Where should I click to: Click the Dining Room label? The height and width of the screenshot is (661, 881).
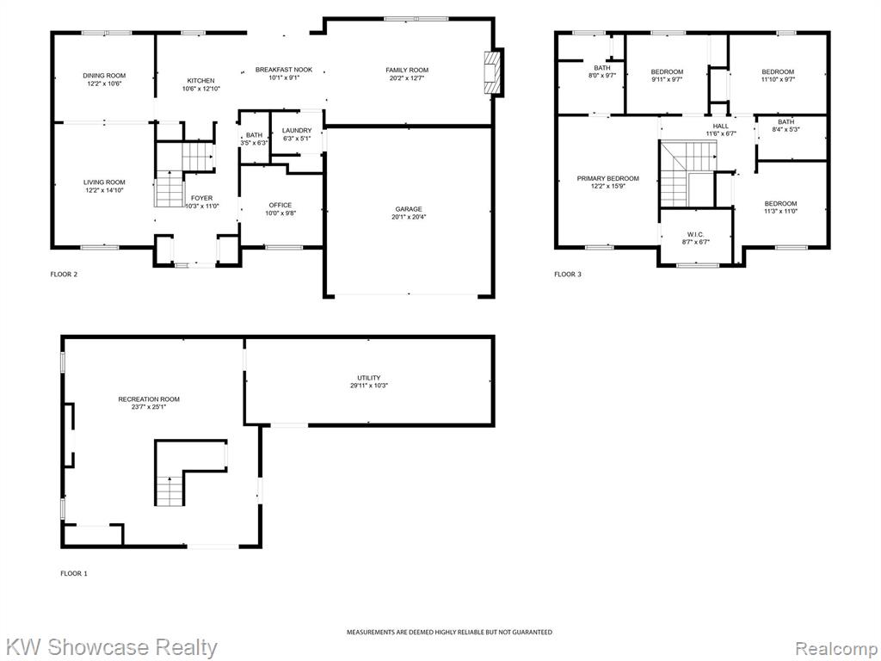[x=104, y=76]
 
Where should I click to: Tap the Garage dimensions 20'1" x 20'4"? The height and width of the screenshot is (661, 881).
[x=409, y=217]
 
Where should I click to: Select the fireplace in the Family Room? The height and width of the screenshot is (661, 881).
[x=493, y=72]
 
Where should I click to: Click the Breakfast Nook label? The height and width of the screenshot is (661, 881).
[x=284, y=70]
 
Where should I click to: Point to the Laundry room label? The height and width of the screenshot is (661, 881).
[x=297, y=131]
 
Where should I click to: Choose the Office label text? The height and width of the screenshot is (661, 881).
[x=280, y=205]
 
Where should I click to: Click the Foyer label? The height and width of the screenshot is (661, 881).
[x=201, y=198]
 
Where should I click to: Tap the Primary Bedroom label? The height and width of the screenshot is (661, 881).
[x=608, y=178]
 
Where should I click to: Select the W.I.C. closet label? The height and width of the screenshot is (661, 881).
[x=695, y=234]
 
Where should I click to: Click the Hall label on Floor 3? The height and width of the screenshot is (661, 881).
[x=721, y=126]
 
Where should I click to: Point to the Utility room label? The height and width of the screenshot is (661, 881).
[x=368, y=378]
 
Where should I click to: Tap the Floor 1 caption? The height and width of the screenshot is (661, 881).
[x=74, y=573]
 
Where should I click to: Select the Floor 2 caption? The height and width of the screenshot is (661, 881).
[x=64, y=275]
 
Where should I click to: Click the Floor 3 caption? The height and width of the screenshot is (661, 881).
[x=568, y=275]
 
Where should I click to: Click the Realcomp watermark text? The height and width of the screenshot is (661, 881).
[x=837, y=648]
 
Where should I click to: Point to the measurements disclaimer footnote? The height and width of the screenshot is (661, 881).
[x=449, y=633]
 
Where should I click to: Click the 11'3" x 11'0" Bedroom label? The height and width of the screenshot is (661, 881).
[x=780, y=207]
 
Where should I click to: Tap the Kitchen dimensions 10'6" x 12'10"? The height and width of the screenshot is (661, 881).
[x=200, y=89]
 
